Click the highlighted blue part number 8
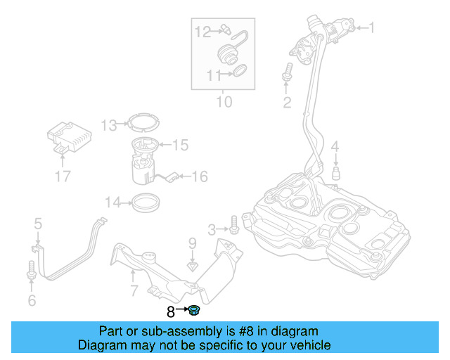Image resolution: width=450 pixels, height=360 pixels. point(195,309)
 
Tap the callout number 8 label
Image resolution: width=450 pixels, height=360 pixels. point(171,310)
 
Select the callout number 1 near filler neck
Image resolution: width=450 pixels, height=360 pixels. point(372,28)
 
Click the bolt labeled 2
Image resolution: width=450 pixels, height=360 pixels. point(287,72)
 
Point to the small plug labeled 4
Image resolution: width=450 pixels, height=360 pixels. point(336,172)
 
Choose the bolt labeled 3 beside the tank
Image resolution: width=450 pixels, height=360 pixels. point(234,228)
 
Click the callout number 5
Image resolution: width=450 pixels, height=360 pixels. point(38,224)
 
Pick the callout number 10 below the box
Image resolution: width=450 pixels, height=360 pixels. point(223,102)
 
